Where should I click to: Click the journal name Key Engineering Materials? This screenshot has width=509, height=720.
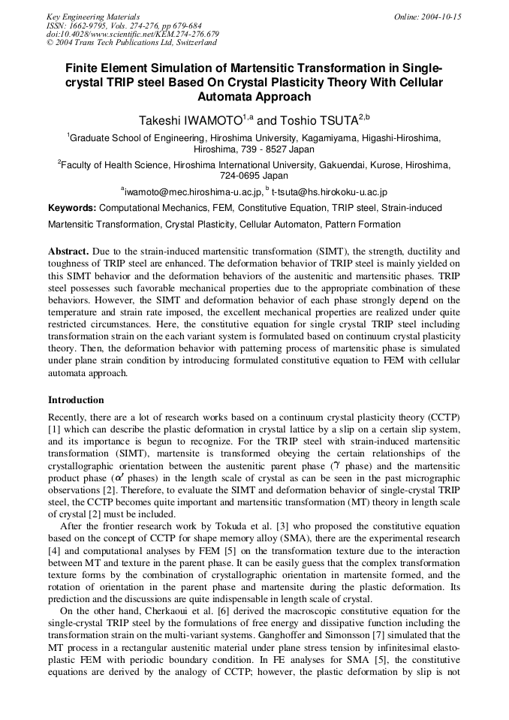click(x=93, y=17)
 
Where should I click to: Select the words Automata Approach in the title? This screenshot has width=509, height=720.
click(x=254, y=97)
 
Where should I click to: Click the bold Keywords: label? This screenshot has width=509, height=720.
click(x=73, y=208)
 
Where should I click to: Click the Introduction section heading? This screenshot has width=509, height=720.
click(x=76, y=399)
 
